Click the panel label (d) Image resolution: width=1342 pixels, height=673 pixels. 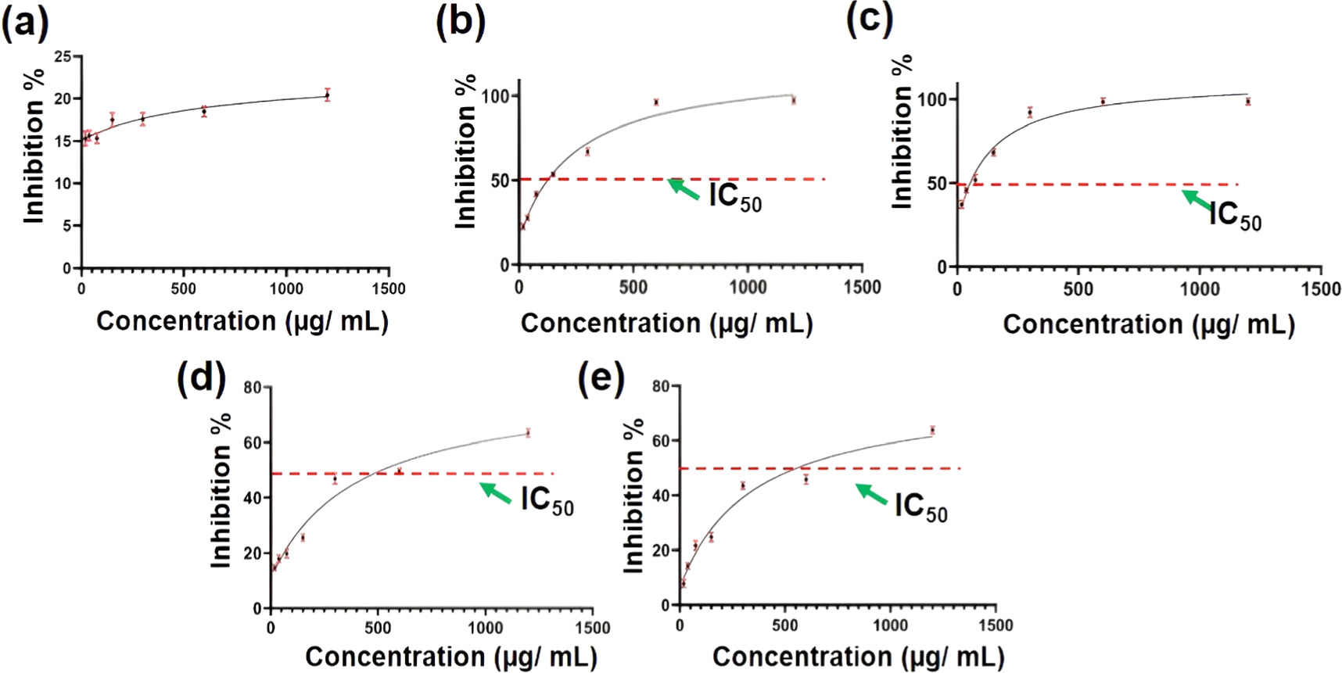point(201,379)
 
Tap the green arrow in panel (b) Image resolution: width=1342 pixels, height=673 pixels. point(684,190)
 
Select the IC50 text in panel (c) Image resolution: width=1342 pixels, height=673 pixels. point(1234,215)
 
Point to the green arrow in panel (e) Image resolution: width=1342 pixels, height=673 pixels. point(871,494)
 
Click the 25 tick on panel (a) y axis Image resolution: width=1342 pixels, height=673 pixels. point(63,56)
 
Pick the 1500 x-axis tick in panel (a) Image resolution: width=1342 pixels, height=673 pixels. point(388,289)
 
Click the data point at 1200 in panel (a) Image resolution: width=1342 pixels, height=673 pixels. point(328,95)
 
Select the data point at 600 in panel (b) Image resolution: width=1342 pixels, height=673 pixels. point(656,102)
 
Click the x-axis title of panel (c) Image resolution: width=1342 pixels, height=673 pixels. point(1148,324)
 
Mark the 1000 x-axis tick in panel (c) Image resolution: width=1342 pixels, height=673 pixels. point(1199,289)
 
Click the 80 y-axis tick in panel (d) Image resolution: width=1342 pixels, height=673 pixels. point(252,387)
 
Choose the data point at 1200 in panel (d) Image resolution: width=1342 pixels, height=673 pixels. point(528,432)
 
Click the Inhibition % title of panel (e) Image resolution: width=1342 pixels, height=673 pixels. point(633,496)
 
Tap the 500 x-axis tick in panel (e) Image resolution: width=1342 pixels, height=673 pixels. point(784,625)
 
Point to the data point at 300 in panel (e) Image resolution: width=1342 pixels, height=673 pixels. point(743,486)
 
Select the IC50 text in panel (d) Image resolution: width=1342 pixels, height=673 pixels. point(547,500)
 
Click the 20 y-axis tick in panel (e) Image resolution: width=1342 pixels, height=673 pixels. point(661,550)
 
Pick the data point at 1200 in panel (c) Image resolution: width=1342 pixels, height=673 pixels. point(1248,101)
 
